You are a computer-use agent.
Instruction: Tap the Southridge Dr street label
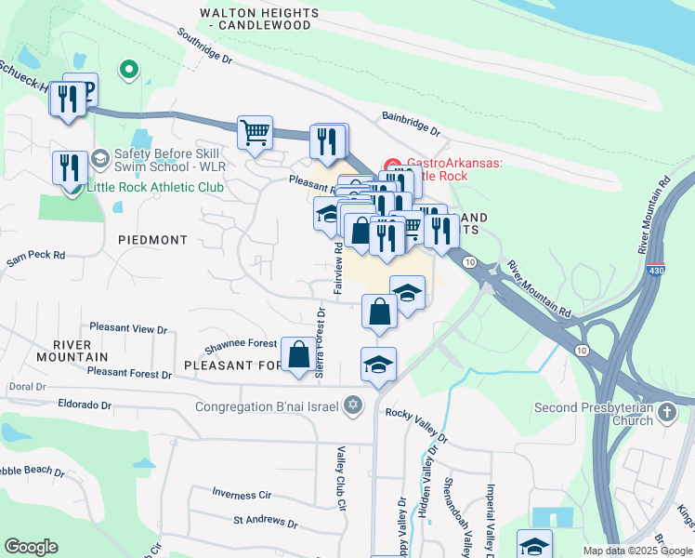(206, 47)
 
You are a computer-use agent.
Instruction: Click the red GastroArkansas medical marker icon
(392, 164)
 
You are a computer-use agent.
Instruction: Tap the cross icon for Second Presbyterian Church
(666, 410)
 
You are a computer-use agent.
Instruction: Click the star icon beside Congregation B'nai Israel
(352, 405)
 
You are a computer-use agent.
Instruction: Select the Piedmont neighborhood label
(153, 240)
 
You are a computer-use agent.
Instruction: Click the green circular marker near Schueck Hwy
(130, 69)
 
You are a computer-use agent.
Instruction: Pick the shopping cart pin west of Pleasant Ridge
(255, 131)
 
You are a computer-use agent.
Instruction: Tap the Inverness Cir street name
(241, 493)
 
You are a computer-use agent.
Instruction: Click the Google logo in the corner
(32, 546)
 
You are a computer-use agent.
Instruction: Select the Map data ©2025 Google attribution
(636, 551)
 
